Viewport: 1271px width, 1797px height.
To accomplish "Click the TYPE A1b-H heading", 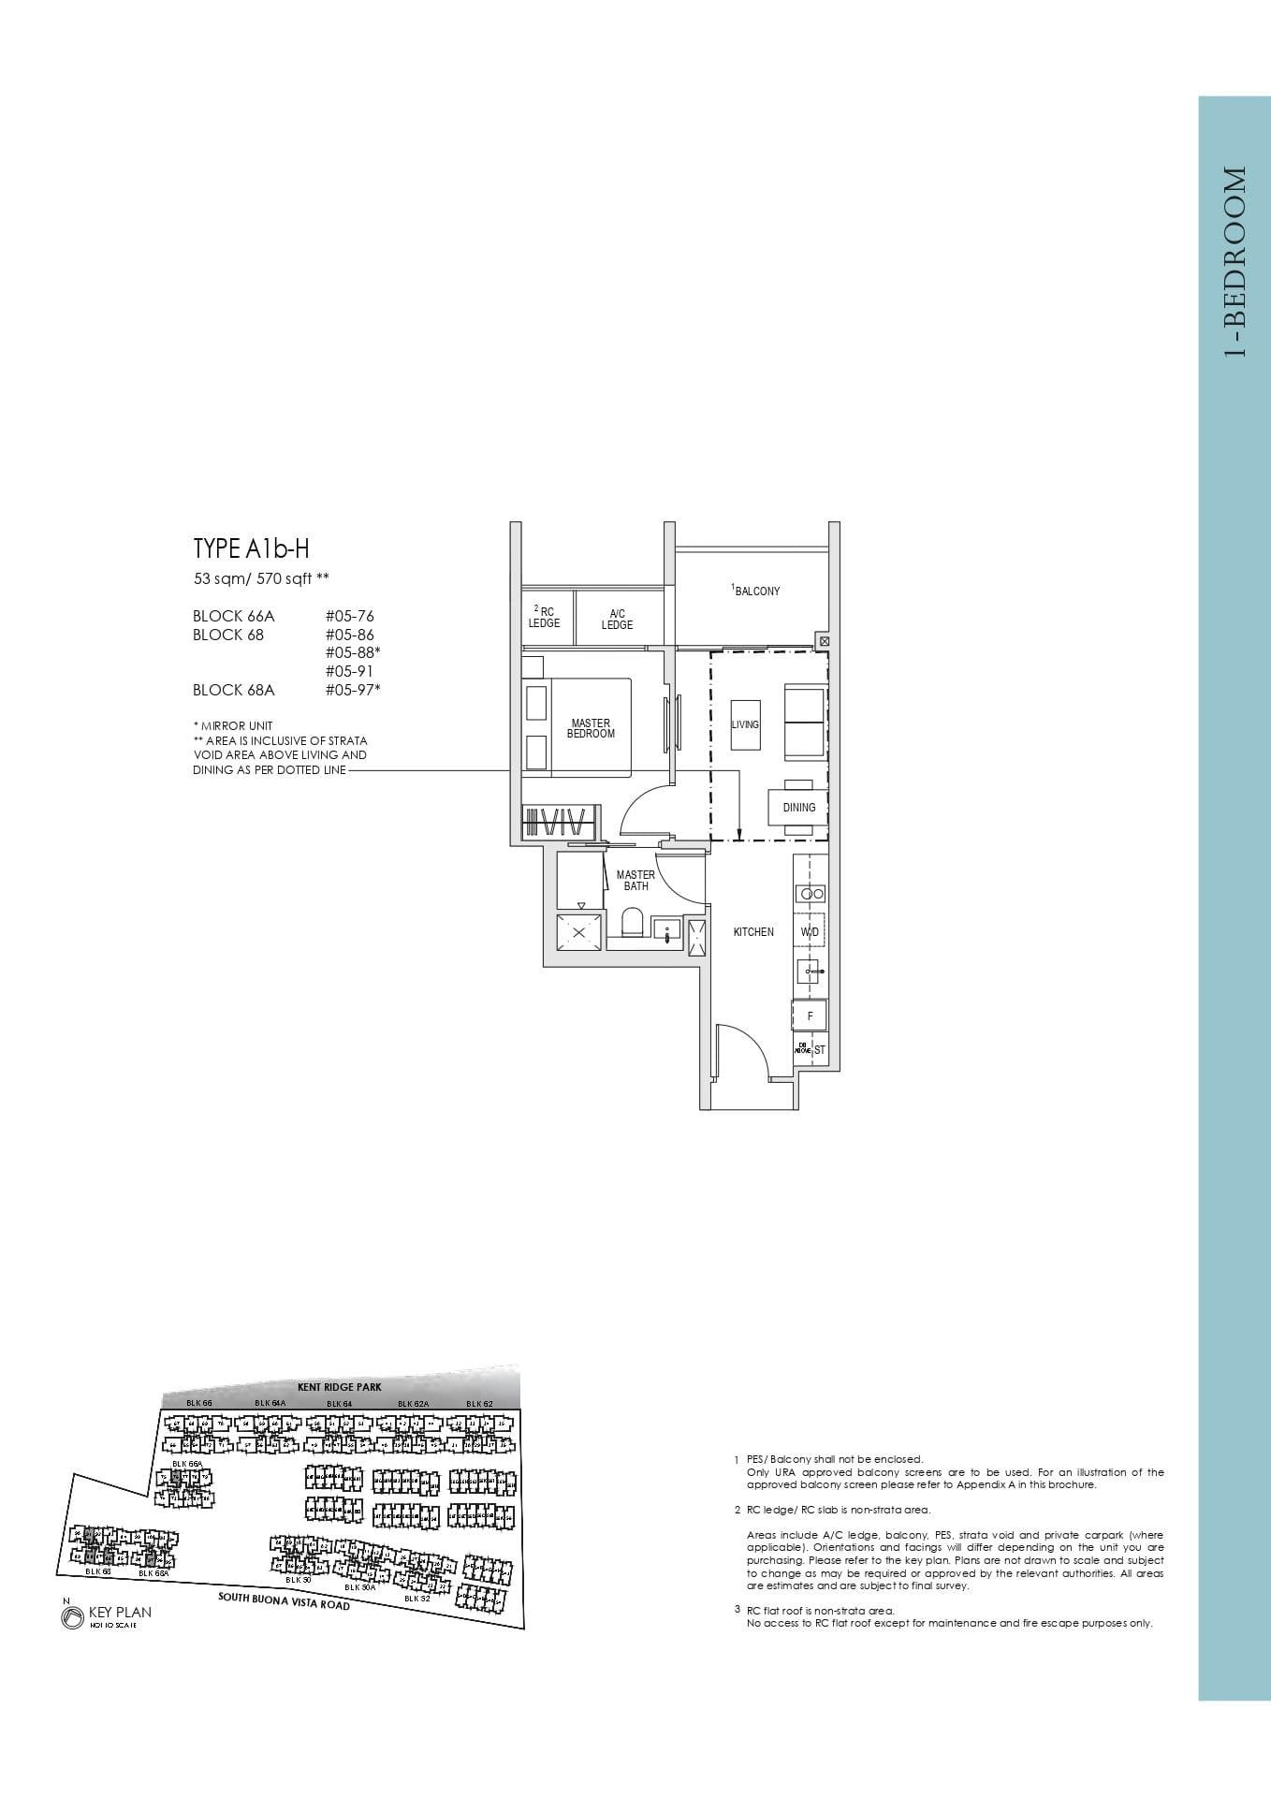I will pos(251,548).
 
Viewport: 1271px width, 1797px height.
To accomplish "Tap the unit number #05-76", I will pos(350,616).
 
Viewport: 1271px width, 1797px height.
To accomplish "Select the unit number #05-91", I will pos(350,671).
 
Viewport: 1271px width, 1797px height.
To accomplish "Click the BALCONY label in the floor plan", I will pos(756,591).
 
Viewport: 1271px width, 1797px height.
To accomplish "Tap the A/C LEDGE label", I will pos(617,620).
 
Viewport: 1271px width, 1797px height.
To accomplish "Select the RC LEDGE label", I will pos(545,618).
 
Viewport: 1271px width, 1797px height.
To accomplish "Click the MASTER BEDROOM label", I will pos(591,728).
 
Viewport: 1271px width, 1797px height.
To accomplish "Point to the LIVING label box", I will pos(745,724).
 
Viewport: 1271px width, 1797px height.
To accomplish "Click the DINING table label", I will pos(798,807).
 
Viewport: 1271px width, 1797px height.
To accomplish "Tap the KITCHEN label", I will pos(753,932).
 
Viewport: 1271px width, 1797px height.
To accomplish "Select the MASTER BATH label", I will pos(635,880).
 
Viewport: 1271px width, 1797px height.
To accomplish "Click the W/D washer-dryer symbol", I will pos(810,932).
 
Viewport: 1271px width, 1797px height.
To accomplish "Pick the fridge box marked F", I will pos(810,1015).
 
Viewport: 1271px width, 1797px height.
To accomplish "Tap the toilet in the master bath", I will pos(633,922).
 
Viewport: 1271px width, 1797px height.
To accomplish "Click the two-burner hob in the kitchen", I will pos(810,894).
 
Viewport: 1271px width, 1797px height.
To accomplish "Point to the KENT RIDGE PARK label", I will pos(340,1387).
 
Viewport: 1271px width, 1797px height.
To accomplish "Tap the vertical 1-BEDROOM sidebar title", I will pos(1234,262).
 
